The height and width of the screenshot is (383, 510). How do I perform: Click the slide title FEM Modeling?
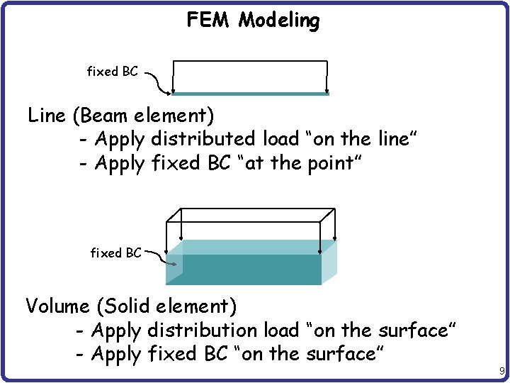(x=253, y=21)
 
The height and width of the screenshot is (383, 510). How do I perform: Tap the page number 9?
(x=501, y=371)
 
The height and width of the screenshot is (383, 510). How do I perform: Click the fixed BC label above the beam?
(x=112, y=72)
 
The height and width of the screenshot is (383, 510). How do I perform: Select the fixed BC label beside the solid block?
(x=116, y=252)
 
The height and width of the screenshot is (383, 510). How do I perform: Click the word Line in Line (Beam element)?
(x=47, y=115)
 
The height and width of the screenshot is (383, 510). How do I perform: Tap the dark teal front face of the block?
(x=251, y=270)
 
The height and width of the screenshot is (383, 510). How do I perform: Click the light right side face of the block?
(x=329, y=262)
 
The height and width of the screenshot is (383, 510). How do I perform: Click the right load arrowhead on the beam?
(x=327, y=89)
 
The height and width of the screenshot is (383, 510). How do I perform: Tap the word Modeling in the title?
(x=279, y=21)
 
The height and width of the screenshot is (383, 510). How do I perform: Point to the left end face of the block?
(x=174, y=268)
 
